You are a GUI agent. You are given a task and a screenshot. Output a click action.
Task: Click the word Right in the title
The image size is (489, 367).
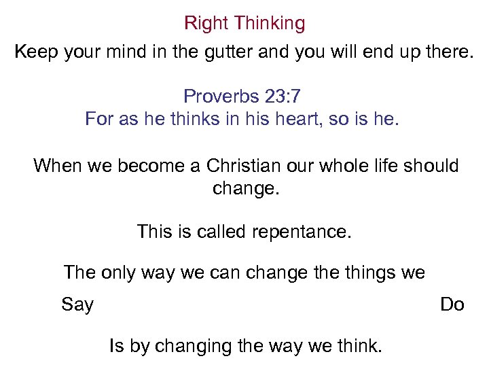[x=206, y=23]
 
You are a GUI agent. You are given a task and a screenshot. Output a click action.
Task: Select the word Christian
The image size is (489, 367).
[x=246, y=165]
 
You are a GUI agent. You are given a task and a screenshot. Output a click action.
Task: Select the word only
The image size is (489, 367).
[x=117, y=273]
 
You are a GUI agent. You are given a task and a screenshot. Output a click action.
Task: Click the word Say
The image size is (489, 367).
[x=77, y=304]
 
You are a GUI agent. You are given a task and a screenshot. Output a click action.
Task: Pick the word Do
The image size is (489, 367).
[x=452, y=304]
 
